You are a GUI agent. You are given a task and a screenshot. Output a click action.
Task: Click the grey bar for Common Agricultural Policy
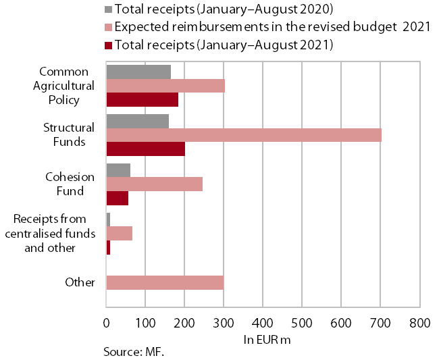tap(138, 72)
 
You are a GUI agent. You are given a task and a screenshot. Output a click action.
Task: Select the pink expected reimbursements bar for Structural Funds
tap(244, 135)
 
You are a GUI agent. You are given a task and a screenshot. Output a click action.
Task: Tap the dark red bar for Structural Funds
tap(146, 149)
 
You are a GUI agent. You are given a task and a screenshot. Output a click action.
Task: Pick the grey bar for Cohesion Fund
tap(118, 170)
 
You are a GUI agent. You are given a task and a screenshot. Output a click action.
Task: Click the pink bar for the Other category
tap(165, 282)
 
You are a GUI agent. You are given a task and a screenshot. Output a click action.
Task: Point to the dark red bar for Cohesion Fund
tap(118, 199)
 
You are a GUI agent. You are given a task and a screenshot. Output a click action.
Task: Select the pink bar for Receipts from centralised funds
tap(120, 234)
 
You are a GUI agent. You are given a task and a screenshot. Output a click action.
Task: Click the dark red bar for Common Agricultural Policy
tap(143, 100)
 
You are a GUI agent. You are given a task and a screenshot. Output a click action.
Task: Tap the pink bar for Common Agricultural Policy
tap(165, 86)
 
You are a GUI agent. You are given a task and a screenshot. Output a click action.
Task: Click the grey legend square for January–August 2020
tap(108, 9)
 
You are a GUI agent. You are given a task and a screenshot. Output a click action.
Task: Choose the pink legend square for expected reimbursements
tap(108, 27)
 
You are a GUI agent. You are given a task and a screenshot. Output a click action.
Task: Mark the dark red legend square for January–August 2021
tap(108, 45)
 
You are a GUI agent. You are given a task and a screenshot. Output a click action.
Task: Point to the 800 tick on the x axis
tap(419, 324)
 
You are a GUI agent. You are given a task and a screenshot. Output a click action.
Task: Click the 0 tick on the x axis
tap(107, 324)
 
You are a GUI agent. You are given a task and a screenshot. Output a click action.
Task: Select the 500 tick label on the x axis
tap(302, 324)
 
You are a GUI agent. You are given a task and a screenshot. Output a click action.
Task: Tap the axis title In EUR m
tap(267, 340)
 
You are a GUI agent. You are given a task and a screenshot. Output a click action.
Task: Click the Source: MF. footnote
tap(134, 352)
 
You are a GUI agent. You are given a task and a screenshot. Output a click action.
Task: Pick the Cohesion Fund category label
tap(70, 184)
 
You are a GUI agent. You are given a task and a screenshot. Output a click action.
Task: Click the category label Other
tap(80, 282)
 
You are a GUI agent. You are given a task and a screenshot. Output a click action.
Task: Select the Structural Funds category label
tap(69, 134)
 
